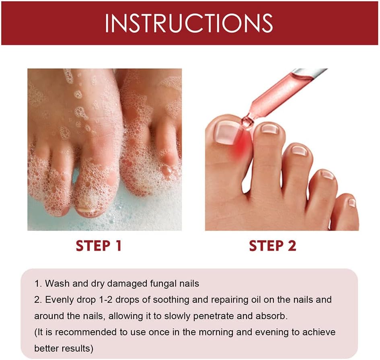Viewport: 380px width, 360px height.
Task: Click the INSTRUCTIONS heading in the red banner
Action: click(x=189, y=23)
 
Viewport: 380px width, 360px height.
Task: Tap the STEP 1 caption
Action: click(x=99, y=246)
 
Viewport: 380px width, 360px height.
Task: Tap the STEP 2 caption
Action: click(x=272, y=246)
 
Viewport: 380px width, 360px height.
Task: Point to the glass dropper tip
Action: click(x=245, y=121)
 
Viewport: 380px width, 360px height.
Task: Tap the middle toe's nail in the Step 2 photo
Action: click(x=299, y=150)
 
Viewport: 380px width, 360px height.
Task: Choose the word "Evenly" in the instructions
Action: click(x=59, y=300)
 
